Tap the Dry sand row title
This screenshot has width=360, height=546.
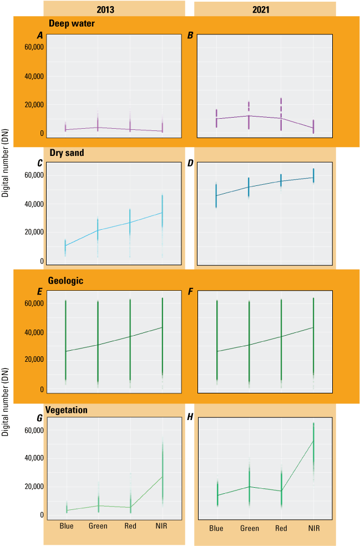[66, 153]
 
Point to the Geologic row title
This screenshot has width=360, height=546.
[66, 281]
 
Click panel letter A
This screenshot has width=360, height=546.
[40, 36]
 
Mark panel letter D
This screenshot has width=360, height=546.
[190, 163]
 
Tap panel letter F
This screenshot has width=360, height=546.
[190, 291]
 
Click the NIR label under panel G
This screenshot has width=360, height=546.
[161, 525]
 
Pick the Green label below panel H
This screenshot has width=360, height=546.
[249, 528]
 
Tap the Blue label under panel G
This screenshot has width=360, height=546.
[66, 525]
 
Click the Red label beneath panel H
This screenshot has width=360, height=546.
[281, 528]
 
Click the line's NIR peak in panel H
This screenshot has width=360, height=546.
[313, 441]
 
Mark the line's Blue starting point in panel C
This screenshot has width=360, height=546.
[65, 245]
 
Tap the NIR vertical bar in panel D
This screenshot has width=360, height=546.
[313, 176]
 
